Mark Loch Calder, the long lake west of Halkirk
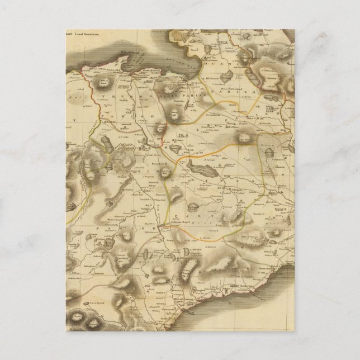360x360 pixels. click(x=106, y=151)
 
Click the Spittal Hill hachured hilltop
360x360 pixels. click(x=165, y=174)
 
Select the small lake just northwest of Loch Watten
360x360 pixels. click(x=174, y=149)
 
